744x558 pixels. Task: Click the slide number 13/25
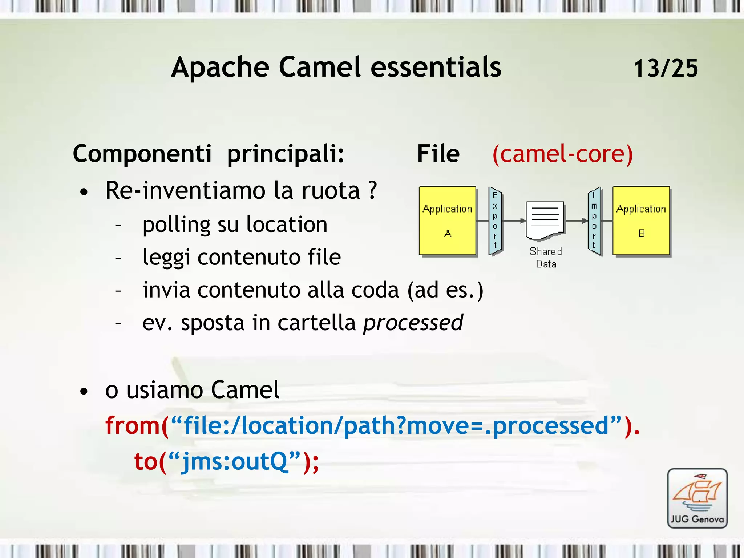pyautogui.click(x=666, y=68)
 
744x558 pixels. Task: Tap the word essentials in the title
pyautogui.click(x=436, y=67)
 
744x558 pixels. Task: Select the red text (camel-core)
pyautogui.click(x=562, y=154)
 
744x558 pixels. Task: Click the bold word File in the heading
pyautogui.click(x=438, y=154)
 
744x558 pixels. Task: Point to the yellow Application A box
pyautogui.click(x=448, y=221)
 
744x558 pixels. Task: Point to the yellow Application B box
pyautogui.click(x=641, y=221)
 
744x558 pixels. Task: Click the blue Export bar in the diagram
pyautogui.click(x=495, y=221)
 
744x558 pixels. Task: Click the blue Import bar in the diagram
pyautogui.click(x=594, y=221)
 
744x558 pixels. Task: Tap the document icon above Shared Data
pyautogui.click(x=545, y=220)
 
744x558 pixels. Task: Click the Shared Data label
pyautogui.click(x=546, y=258)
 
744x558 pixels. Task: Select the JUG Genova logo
pyautogui.click(x=697, y=498)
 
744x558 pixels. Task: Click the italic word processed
pyautogui.click(x=413, y=323)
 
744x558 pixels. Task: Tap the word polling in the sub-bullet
pyautogui.click(x=176, y=225)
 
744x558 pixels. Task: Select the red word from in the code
pyautogui.click(x=133, y=425)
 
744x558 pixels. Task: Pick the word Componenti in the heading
pyautogui.click(x=142, y=154)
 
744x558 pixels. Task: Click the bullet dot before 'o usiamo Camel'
pyautogui.click(x=84, y=392)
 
